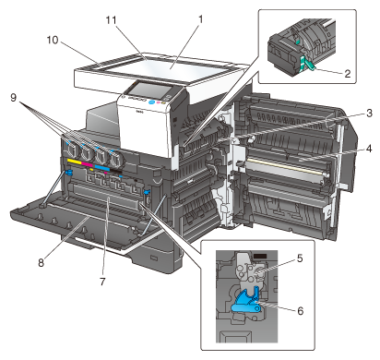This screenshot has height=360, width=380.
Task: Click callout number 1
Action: (x=200, y=20)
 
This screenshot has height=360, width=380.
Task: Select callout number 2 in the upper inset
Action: (x=348, y=74)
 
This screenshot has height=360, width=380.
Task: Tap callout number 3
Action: (x=369, y=113)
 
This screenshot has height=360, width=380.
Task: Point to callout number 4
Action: (x=369, y=149)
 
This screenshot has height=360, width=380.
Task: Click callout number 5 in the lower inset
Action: (x=300, y=258)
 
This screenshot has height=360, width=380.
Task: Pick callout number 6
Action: (x=301, y=311)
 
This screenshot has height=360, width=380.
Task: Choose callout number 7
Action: (x=102, y=282)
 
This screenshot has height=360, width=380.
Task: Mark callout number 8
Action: (x=42, y=262)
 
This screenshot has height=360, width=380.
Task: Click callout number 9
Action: (x=13, y=98)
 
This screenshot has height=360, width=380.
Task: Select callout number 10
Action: (x=53, y=40)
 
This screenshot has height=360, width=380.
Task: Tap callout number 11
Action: (x=112, y=20)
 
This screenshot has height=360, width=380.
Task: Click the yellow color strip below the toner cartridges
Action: (x=74, y=161)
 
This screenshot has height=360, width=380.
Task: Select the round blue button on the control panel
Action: (x=151, y=102)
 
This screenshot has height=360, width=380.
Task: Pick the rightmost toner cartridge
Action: (x=116, y=159)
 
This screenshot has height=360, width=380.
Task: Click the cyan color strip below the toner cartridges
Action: (x=102, y=167)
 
